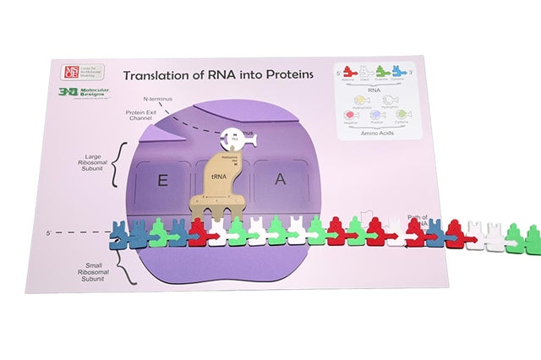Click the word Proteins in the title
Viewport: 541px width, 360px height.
click(286, 74)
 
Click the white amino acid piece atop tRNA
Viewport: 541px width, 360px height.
click(235, 137)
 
